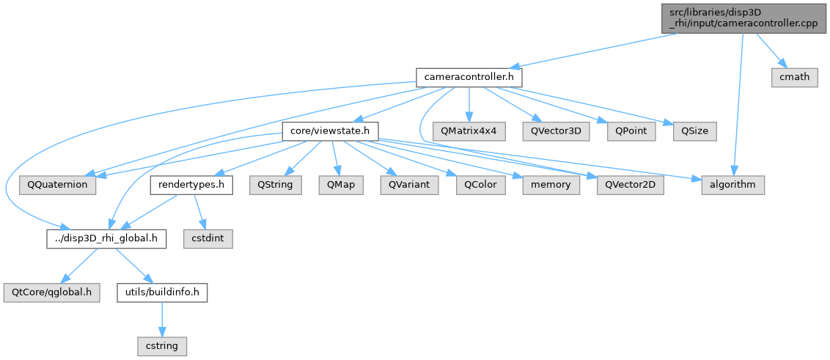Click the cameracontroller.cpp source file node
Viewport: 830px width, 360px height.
(743, 17)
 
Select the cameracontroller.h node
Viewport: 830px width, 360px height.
(469, 76)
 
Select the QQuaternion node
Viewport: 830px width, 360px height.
(58, 185)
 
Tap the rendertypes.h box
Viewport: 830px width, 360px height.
(191, 185)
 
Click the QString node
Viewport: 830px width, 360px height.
(275, 185)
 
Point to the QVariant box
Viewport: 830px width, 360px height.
(409, 185)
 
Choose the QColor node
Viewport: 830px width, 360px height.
(480, 185)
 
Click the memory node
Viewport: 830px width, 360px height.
(551, 185)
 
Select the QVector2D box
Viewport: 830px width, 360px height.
(630, 185)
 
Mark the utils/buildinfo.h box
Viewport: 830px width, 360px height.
(162, 292)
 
